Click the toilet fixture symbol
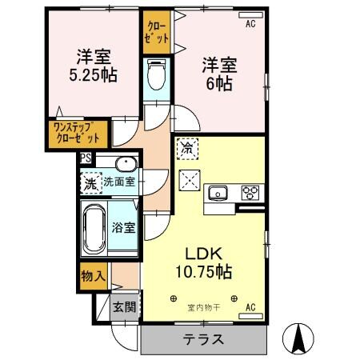pyautogui.click(x=156, y=76)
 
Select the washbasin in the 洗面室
pyautogui.click(x=125, y=166)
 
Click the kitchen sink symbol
pyautogui.click(x=218, y=193)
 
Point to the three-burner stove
pyautogui.click(x=251, y=193)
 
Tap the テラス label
pyautogui.click(x=203, y=339)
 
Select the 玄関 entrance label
pyautogui.click(x=124, y=307)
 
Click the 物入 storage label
pyautogui.click(x=93, y=276)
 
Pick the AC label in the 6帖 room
pyautogui.click(x=250, y=25)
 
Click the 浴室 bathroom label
pyautogui.click(x=124, y=227)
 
